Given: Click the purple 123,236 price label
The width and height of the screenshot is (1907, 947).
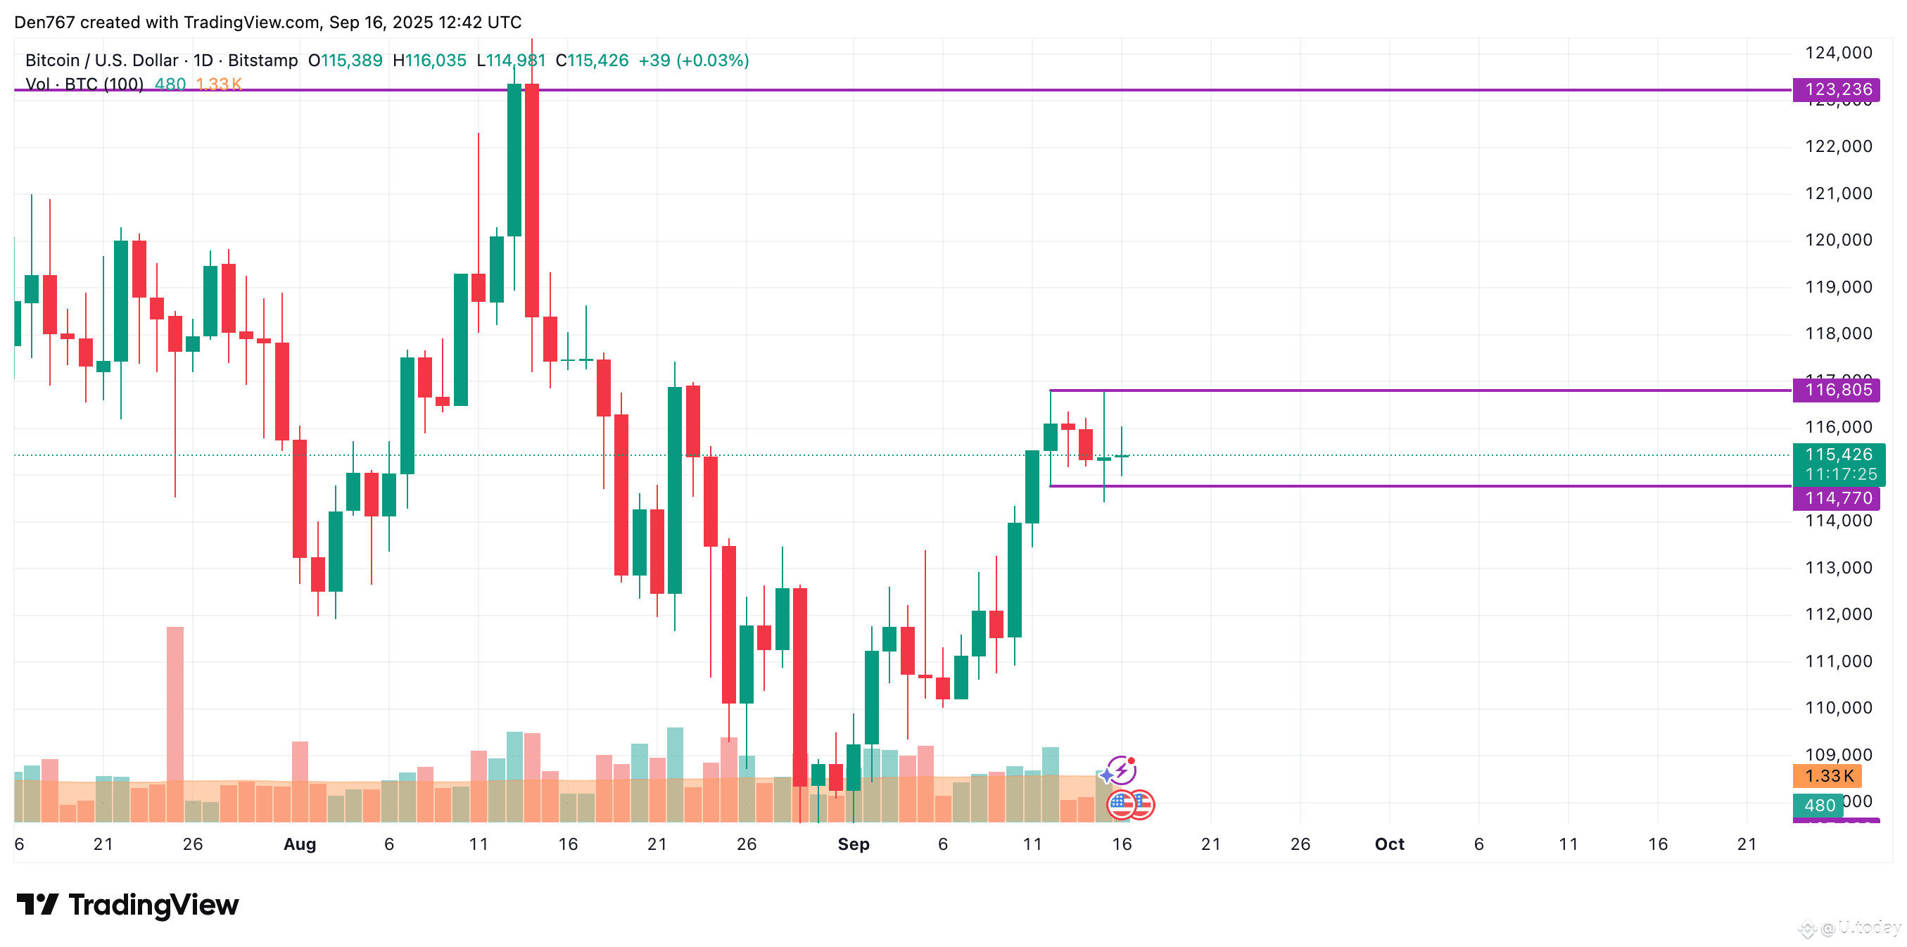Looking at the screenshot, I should [x=1837, y=89].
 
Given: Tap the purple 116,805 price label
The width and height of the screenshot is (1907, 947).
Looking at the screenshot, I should [x=1837, y=390].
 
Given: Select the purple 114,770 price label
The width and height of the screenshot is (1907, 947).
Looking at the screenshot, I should [x=1837, y=498].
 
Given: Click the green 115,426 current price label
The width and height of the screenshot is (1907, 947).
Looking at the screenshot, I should [x=1837, y=455].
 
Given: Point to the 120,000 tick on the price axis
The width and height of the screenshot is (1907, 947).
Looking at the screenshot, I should [x=1837, y=240].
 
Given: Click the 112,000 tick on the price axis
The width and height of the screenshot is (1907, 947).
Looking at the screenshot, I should [x=1837, y=614].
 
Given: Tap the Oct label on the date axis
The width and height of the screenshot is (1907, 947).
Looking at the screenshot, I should [x=1389, y=844].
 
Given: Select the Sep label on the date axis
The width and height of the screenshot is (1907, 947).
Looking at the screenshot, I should [x=853, y=844].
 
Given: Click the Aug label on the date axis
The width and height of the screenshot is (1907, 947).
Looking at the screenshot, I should [x=300, y=844].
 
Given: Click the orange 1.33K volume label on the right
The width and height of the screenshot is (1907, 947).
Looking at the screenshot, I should [x=1828, y=776].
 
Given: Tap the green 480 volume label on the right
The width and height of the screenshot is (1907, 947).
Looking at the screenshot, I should [x=1819, y=805].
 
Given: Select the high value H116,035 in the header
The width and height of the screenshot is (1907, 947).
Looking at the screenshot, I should [x=429, y=61].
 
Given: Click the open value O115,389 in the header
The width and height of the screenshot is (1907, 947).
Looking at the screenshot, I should [x=345, y=61].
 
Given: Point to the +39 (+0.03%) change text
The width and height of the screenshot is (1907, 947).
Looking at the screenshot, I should [x=694, y=61].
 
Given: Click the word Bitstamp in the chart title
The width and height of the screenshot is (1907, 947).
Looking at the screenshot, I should [x=262, y=61].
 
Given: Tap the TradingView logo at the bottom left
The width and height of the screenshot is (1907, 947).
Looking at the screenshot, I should [x=127, y=905].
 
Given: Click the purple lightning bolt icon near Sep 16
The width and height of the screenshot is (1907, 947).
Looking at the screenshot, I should [x=1122, y=770].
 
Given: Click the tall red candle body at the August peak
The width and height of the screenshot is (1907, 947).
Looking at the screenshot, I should [x=531, y=200].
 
